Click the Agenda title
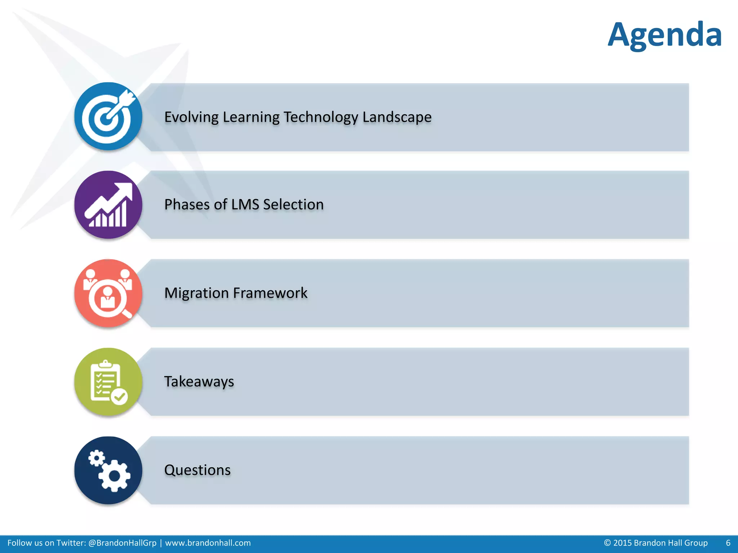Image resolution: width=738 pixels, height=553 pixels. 664,35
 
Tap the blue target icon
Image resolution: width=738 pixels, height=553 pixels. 108,116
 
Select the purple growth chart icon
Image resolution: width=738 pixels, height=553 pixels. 108,204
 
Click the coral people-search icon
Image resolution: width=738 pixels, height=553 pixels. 108,293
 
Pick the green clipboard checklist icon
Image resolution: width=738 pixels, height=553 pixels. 108,382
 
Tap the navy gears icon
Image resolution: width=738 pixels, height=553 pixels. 108,470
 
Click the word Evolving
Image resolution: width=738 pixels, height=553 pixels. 191,117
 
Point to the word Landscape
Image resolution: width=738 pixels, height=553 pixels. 397,117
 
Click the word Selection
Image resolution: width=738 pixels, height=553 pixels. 293,204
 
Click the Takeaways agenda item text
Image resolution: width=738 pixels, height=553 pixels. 199,382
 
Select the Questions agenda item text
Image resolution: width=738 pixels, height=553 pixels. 197,470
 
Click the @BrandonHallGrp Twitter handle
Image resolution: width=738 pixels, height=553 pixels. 123,543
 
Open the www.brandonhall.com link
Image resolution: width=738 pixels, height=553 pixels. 208,543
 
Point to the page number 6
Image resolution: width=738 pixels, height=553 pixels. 728,543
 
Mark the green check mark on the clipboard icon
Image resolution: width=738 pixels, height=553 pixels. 119,397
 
